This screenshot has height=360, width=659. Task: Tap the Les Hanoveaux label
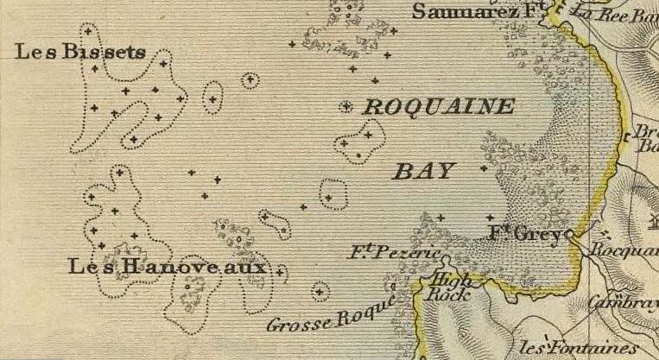[172, 268]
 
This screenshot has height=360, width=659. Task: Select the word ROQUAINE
[440, 107]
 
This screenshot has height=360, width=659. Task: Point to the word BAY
[424, 170]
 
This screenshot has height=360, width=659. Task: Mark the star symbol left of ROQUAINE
[346, 108]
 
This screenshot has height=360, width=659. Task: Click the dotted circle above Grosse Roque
[321, 290]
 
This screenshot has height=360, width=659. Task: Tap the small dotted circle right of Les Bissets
[250, 81]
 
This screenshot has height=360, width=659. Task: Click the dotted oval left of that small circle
[212, 98]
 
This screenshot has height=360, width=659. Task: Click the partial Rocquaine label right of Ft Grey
[624, 251]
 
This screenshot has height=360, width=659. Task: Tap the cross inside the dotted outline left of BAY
[328, 198]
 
